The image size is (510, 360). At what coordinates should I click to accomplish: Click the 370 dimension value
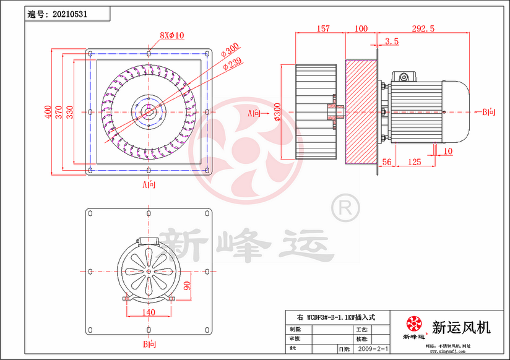click(58, 111)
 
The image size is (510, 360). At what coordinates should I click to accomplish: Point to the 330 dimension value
click(69, 111)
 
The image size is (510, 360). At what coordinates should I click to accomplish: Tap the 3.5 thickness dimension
click(392, 41)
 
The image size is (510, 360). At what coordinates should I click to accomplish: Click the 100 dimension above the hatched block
click(362, 29)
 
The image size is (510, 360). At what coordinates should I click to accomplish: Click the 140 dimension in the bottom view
click(149, 312)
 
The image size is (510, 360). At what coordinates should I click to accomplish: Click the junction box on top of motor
click(404, 77)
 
